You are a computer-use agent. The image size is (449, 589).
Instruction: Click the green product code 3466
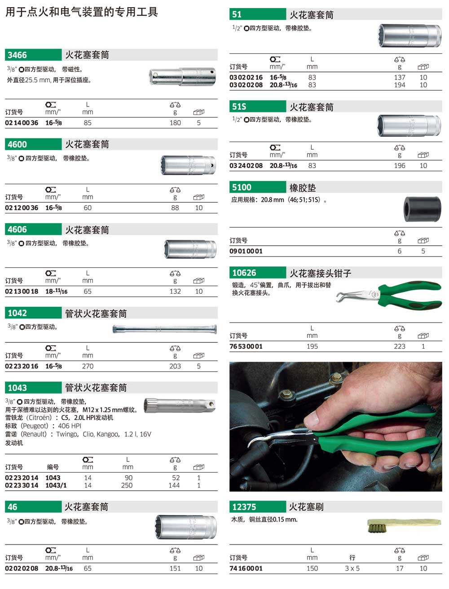[x=17, y=55]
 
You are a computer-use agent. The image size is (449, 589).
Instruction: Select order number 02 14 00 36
[x=22, y=123]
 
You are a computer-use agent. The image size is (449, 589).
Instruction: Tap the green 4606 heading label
[x=17, y=230]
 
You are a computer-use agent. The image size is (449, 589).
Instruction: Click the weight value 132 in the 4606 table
[x=175, y=292]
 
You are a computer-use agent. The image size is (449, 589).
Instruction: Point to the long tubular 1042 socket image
[x=165, y=329]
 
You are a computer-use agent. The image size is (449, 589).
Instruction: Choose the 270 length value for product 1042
[x=88, y=366]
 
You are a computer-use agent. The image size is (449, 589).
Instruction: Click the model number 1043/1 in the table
[x=56, y=485]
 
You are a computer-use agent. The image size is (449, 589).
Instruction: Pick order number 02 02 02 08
[x=22, y=568]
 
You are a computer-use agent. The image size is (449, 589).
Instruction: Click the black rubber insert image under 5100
[x=422, y=209]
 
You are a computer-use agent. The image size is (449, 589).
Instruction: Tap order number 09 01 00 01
[x=246, y=251]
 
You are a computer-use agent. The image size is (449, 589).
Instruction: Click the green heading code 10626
[x=244, y=273]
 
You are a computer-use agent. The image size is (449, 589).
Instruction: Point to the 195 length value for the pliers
[x=313, y=346]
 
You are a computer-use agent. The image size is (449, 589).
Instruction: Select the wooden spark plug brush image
[x=404, y=525]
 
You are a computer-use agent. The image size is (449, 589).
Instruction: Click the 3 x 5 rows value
[x=352, y=568]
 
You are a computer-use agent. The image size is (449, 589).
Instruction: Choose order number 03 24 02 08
[x=246, y=166]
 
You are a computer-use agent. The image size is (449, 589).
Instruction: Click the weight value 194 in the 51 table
[x=400, y=85]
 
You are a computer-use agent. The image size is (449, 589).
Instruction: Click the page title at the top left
[x=82, y=12]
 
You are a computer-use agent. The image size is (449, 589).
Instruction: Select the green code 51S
[x=239, y=106]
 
